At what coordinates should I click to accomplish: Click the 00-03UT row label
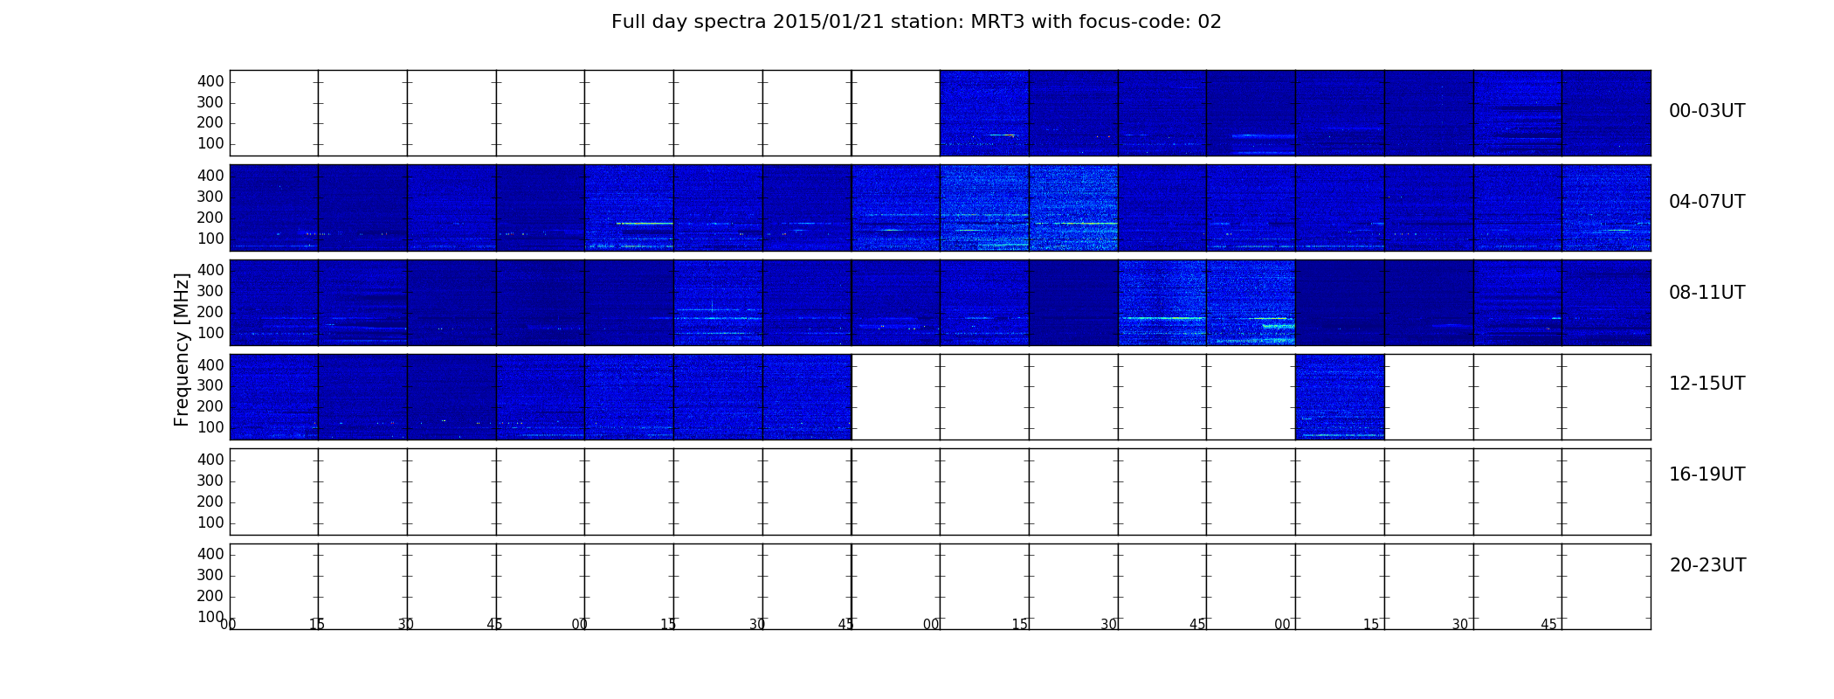tap(1706, 111)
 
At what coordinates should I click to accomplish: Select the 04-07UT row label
tap(1706, 202)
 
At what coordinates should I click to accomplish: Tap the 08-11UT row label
tap(1706, 293)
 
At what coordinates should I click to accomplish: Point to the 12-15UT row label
tap(1706, 384)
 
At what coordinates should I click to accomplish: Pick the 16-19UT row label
tap(1706, 474)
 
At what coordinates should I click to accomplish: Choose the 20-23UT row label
tap(1707, 565)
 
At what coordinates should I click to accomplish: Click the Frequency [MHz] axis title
tap(182, 349)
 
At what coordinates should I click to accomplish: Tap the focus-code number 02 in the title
tap(1210, 22)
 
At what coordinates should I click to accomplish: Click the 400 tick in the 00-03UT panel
tap(210, 81)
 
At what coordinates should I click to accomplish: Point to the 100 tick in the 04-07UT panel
tap(210, 239)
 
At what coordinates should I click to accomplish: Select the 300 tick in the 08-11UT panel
tap(210, 291)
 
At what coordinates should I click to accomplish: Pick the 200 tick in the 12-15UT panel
tap(210, 406)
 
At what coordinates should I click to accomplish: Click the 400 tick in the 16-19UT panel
tap(210, 460)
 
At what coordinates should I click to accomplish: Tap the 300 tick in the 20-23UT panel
tap(210, 575)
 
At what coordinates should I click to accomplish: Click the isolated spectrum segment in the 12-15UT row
tap(1340, 397)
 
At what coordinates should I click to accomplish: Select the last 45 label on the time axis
tap(1548, 625)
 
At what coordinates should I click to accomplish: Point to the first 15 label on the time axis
tap(317, 625)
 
